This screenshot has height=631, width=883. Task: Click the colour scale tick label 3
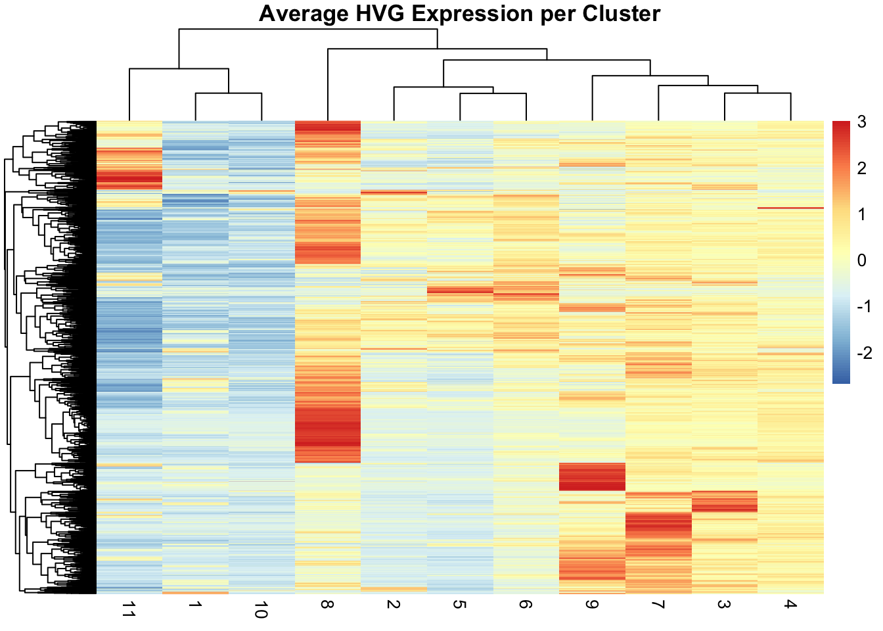point(861,122)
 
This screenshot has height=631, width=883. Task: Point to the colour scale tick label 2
point(861,168)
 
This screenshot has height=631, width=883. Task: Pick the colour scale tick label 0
point(861,261)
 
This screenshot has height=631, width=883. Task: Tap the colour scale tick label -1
point(863,307)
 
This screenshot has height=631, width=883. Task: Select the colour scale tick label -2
point(863,353)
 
